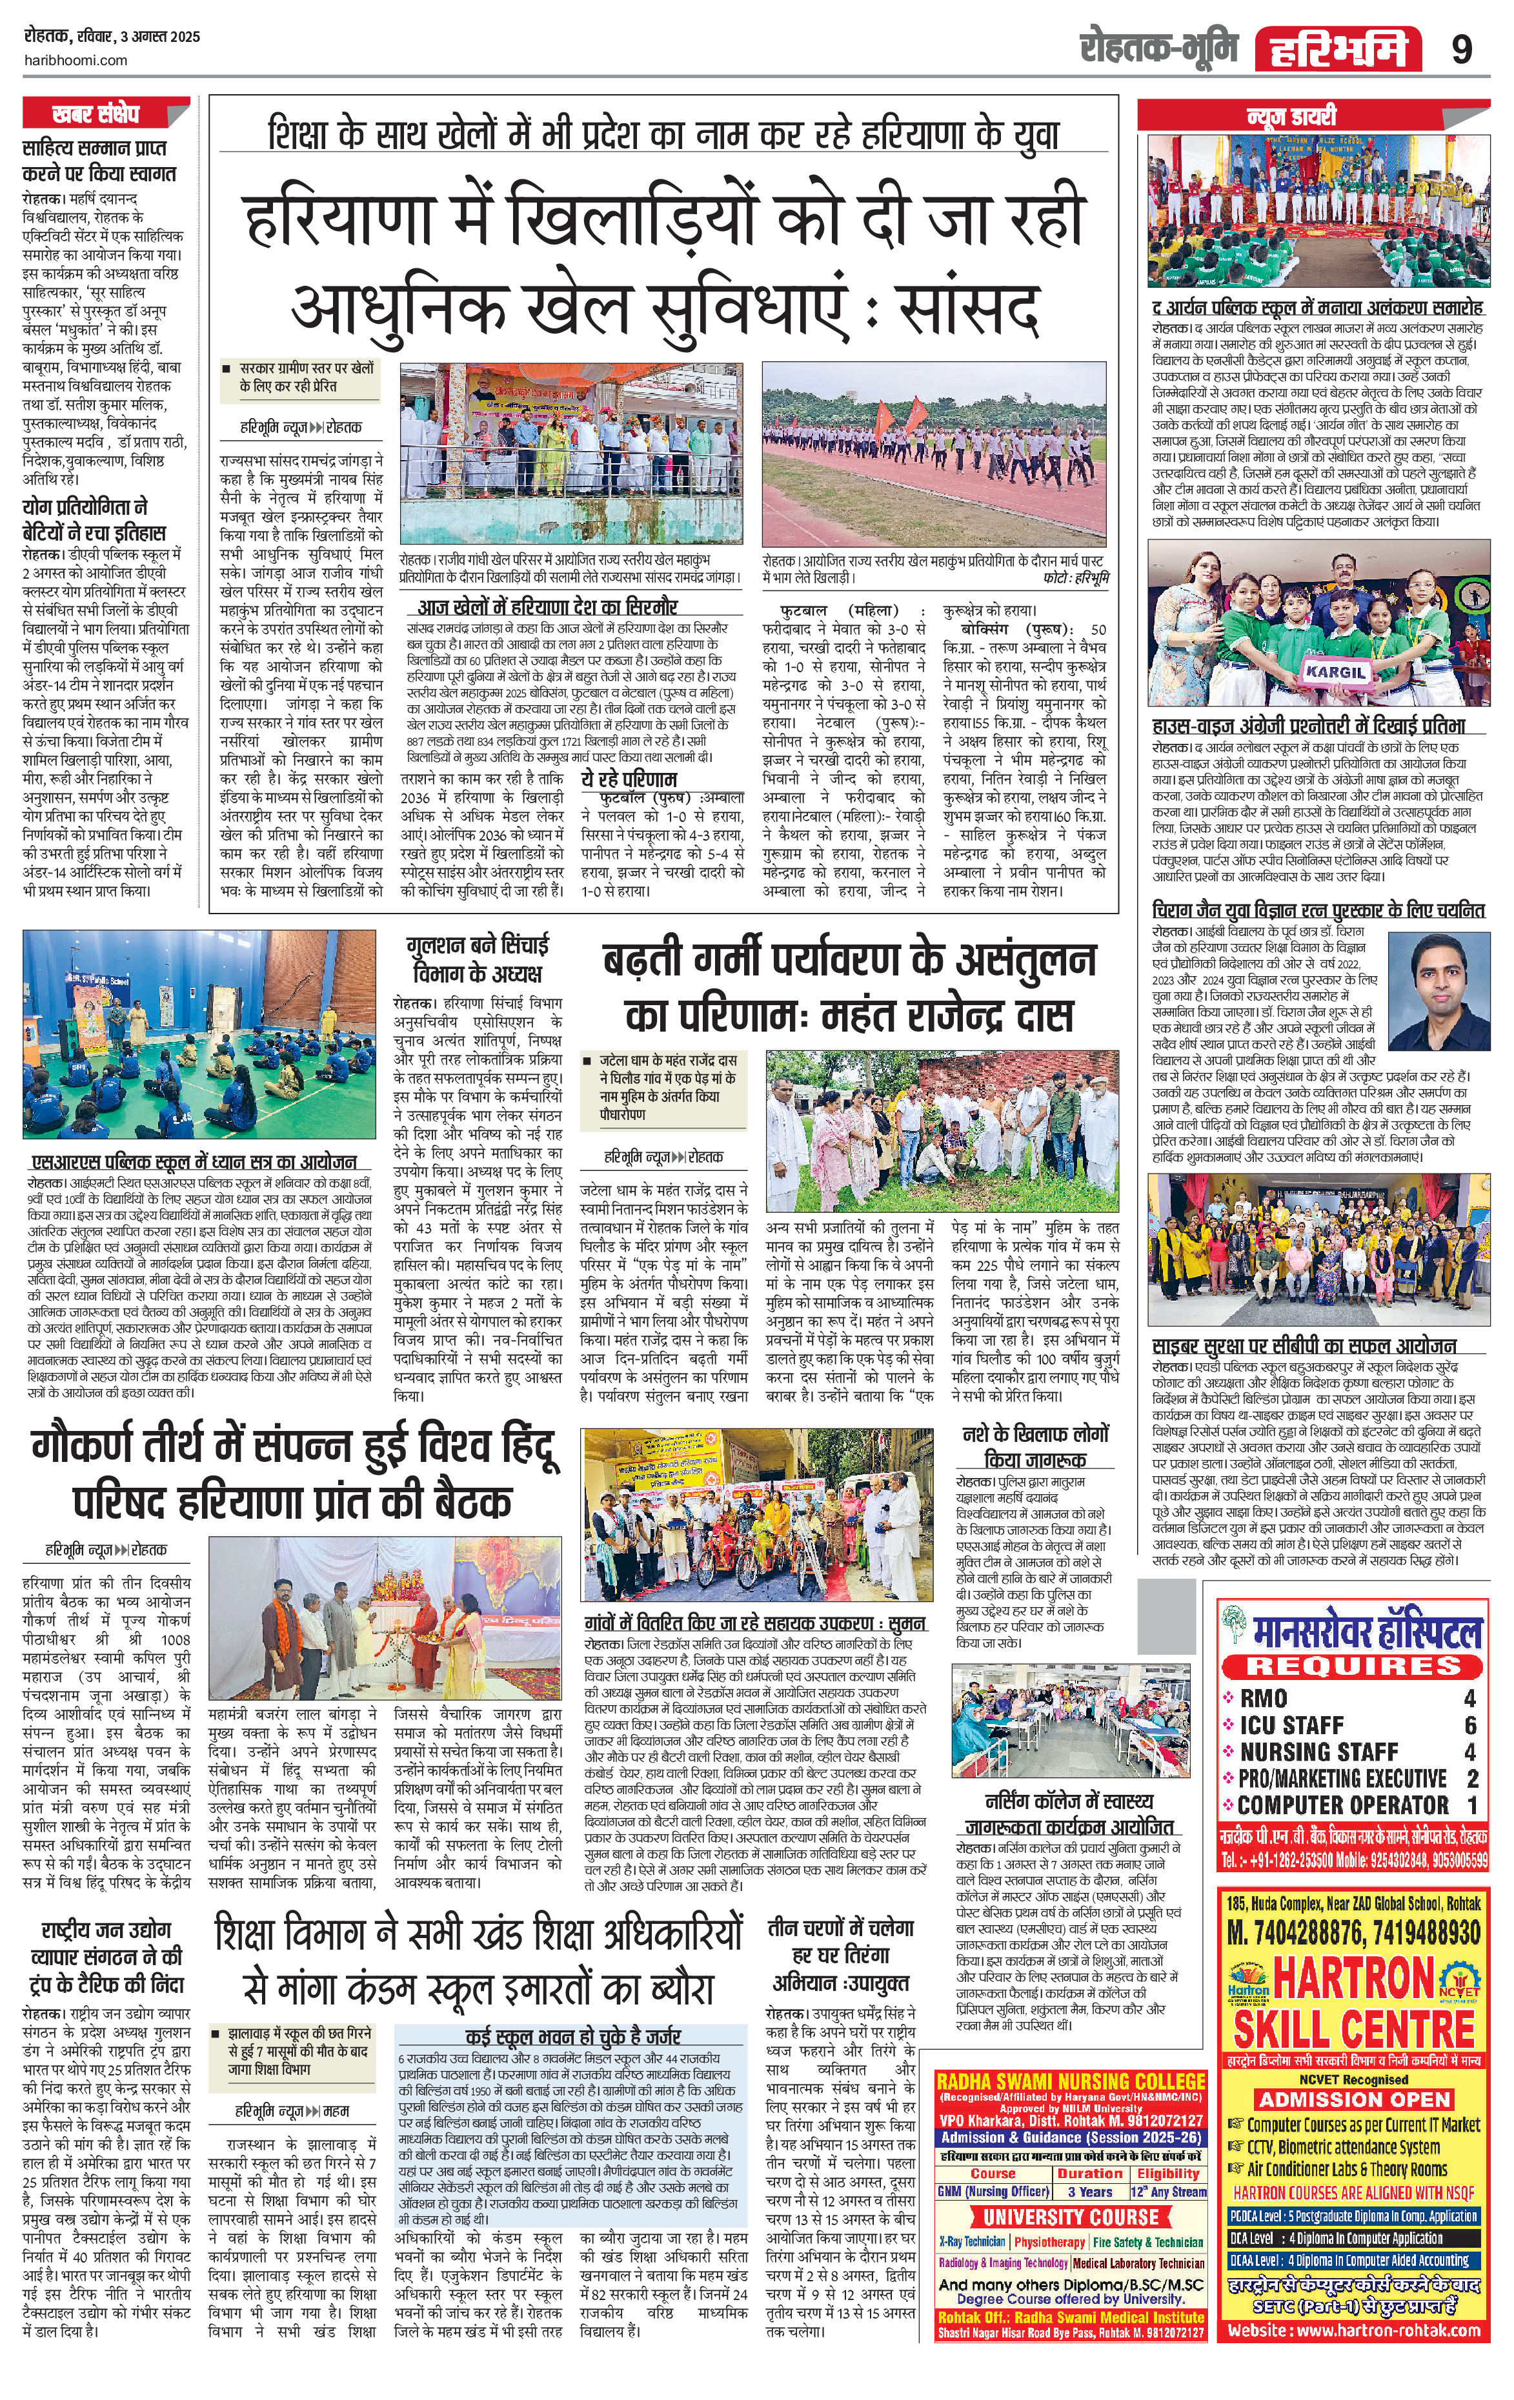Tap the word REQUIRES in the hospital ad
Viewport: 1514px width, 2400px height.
tap(1351, 1665)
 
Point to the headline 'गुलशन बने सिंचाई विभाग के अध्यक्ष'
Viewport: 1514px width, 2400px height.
tap(476, 958)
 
